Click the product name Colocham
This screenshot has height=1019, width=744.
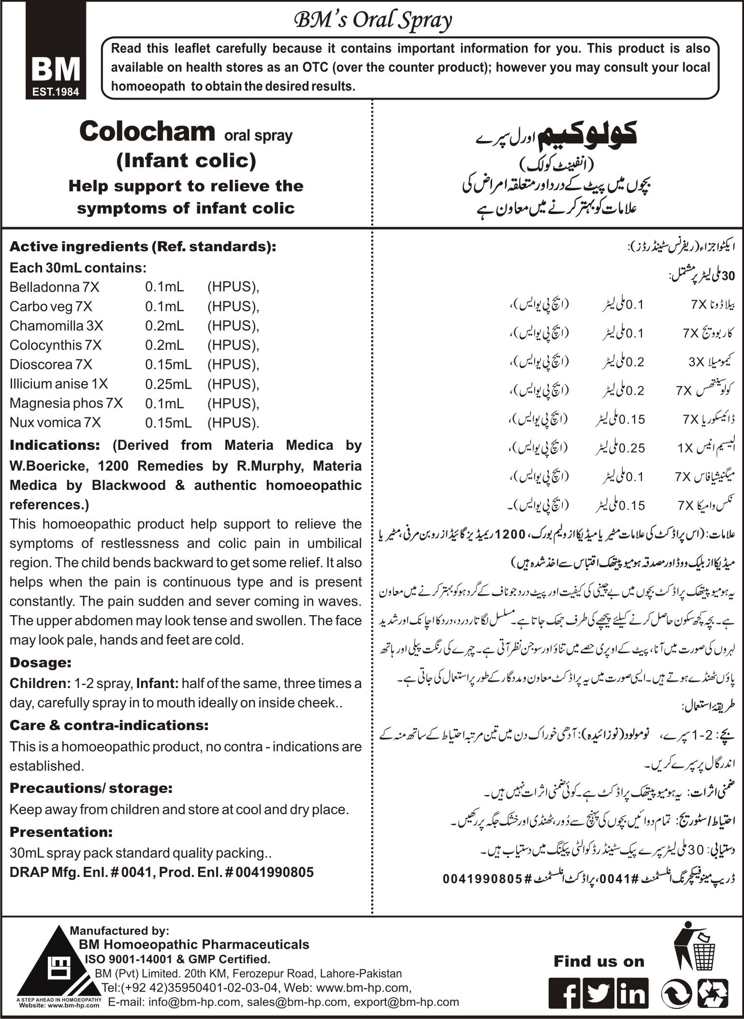(147, 132)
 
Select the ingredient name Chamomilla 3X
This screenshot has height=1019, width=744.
(56, 326)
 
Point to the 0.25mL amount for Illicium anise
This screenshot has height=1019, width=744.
(168, 384)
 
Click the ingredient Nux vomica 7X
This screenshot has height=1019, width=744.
(55, 423)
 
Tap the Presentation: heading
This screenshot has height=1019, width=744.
(61, 832)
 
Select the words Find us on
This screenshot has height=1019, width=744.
(599, 961)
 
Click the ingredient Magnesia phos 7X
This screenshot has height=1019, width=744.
(66, 403)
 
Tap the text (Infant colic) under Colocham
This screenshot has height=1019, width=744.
(186, 160)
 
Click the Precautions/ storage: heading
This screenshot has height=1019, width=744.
(91, 788)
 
